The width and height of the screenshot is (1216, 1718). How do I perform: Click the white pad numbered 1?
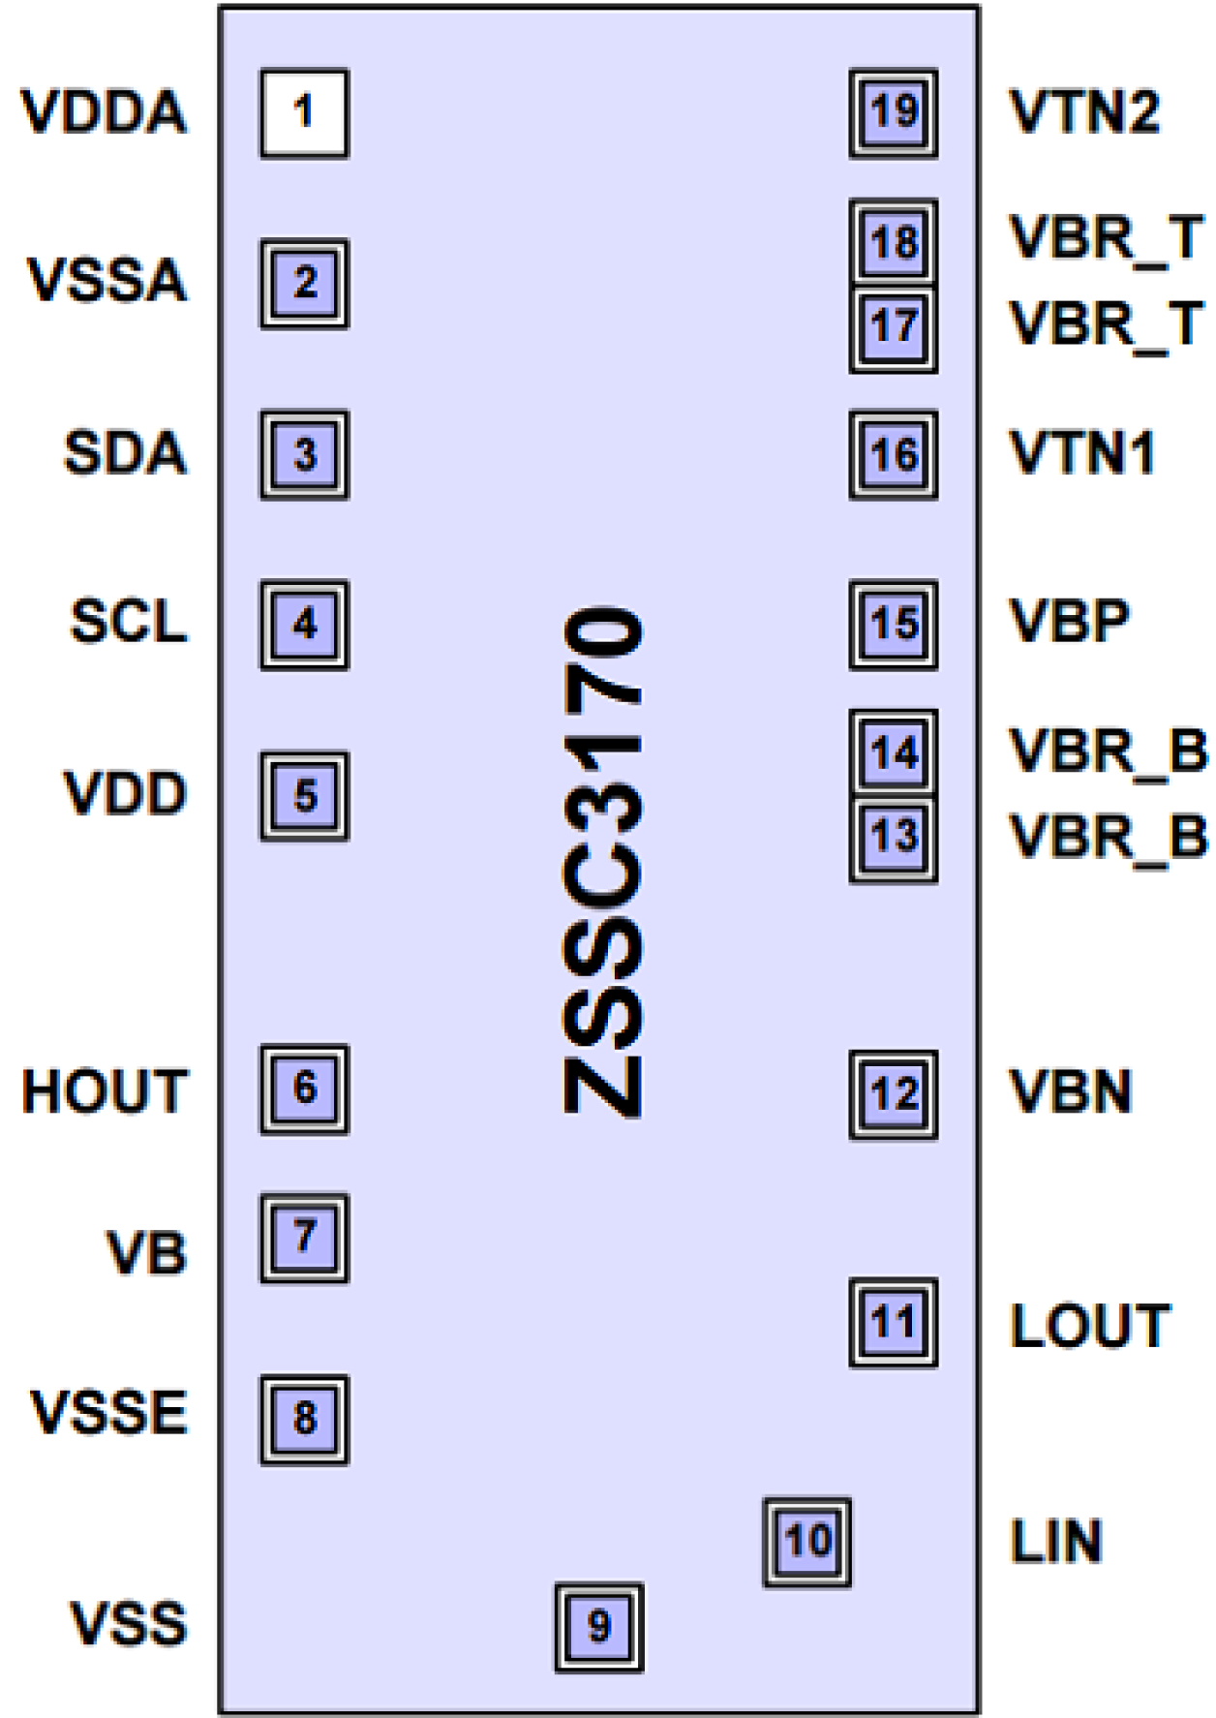(304, 113)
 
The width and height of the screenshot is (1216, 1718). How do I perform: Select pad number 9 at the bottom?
(598, 1627)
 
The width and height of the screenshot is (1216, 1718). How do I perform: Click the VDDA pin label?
(104, 112)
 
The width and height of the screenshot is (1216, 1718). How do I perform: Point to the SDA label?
(125, 453)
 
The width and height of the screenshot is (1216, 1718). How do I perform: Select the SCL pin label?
(129, 622)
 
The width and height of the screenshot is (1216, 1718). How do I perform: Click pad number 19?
(893, 112)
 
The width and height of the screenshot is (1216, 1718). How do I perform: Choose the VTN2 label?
(1084, 112)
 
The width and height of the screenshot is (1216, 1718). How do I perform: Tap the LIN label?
(1056, 1542)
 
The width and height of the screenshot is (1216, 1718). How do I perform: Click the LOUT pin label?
(1090, 1326)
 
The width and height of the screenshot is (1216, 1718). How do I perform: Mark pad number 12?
(893, 1094)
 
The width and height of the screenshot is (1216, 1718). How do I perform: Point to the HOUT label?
(105, 1091)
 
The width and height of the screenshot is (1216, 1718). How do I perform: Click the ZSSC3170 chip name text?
(602, 862)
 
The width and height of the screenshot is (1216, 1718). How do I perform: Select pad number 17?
(893, 327)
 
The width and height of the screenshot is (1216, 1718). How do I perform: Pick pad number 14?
(893, 752)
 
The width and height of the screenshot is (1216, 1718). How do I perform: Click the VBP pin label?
(1069, 622)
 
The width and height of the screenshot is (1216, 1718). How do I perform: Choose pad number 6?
(304, 1089)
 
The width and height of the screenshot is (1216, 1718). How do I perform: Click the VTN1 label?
(1082, 453)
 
